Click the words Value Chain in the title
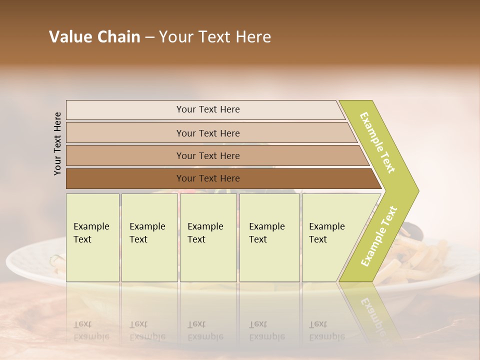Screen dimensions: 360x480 (94, 37)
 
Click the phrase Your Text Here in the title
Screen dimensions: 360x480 (215, 37)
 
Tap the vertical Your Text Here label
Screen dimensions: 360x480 (58, 143)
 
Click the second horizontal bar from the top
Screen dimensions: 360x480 (207, 133)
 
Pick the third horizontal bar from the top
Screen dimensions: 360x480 (207, 155)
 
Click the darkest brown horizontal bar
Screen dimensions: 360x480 (207, 178)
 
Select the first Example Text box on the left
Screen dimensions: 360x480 (92, 237)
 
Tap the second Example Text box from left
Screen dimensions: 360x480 (149, 237)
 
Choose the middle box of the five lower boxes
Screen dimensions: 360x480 (208, 237)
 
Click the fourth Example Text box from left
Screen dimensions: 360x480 (269, 237)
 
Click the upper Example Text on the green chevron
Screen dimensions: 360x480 (378, 142)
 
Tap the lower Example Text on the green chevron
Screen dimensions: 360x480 (379, 236)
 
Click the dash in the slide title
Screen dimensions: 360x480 (149, 37)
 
